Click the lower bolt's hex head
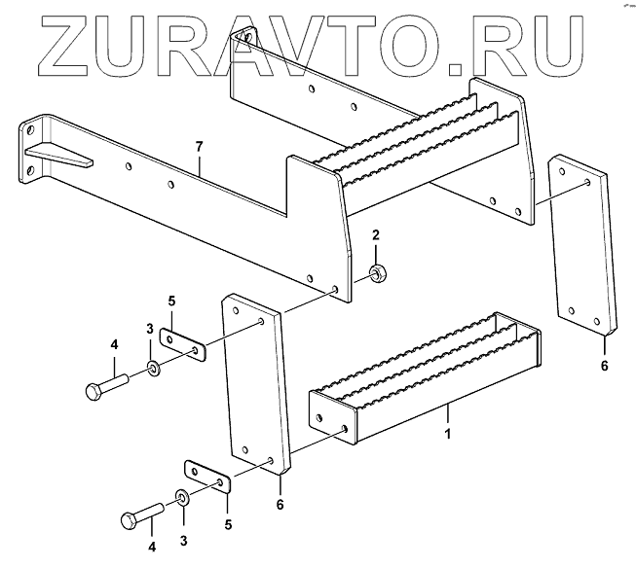tap(130, 520)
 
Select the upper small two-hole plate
tap(182, 344)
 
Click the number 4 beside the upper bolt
tap(114, 343)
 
